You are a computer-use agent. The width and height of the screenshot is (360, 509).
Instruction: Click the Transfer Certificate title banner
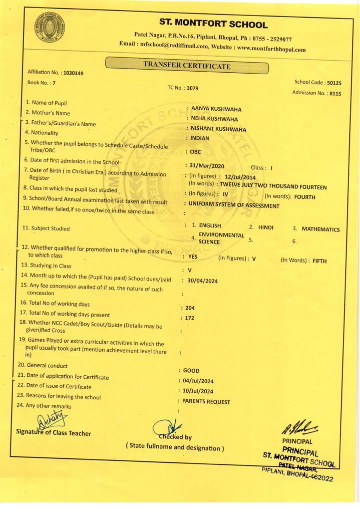point(187,65)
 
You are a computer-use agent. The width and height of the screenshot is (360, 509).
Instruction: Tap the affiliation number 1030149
point(74,73)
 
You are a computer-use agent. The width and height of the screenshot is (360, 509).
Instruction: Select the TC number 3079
point(192,88)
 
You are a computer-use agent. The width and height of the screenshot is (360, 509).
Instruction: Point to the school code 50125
point(333,83)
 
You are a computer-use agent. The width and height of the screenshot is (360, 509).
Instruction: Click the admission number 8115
point(334,93)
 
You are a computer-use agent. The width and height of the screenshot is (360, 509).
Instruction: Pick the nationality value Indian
point(200,138)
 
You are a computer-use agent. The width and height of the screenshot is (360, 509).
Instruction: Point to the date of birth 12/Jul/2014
point(240,177)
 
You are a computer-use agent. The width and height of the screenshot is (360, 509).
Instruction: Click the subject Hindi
point(266,227)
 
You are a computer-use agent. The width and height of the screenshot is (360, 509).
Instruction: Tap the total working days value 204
point(190,308)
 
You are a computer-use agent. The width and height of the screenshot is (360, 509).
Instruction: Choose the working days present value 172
point(189,318)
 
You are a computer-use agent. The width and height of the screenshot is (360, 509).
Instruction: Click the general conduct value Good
point(191,371)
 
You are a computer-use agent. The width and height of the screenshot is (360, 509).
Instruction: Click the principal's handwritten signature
point(300,427)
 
